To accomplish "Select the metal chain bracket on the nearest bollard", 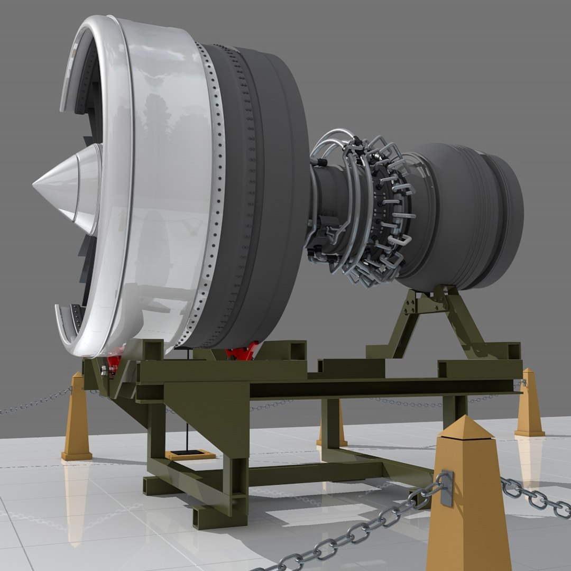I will pos(447,487).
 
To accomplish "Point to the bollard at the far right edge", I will pos(529,404).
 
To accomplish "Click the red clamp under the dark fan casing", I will pos(242,352).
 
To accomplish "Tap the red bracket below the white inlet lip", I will pos(112,365).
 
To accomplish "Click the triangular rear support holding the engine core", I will pos(434,317).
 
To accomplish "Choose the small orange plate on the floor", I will pos(190,454).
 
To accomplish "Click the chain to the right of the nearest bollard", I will pos(534,497).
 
